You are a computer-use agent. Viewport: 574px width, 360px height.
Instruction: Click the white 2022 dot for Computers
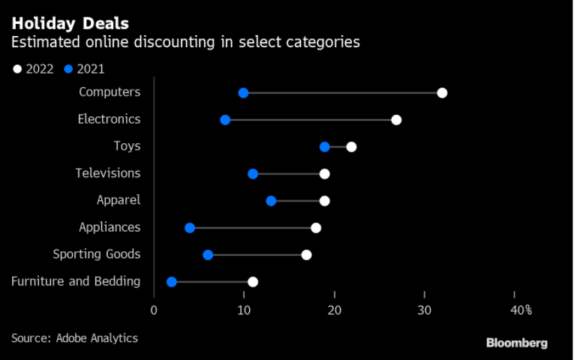pos(442,93)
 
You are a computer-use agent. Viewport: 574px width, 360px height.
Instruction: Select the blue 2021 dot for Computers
pos(243,93)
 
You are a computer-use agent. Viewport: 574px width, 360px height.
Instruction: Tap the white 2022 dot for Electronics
pos(396,120)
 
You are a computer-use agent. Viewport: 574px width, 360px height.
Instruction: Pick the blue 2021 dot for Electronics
pos(225,120)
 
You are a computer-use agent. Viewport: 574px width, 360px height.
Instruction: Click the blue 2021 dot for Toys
pos(325,146)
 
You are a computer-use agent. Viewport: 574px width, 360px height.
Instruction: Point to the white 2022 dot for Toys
pos(351,146)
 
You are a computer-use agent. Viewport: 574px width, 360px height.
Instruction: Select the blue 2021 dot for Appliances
pos(190,228)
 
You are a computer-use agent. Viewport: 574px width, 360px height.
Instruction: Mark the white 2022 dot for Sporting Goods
pos(306,255)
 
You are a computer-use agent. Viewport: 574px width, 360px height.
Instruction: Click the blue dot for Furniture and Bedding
pos(172,282)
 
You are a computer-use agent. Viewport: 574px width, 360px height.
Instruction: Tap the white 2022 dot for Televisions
pos(325,174)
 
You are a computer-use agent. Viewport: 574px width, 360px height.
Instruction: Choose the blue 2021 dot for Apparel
pos(271,201)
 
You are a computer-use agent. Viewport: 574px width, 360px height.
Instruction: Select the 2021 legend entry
pos(84,69)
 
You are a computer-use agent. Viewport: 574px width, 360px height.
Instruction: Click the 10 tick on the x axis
pos(244,310)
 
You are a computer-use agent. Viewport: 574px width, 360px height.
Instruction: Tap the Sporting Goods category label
pos(97,254)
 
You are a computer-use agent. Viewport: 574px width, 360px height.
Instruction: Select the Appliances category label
pos(110,227)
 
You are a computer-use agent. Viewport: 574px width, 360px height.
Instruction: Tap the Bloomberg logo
pos(517,343)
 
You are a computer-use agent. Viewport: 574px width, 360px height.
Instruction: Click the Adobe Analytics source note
pos(74,338)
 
